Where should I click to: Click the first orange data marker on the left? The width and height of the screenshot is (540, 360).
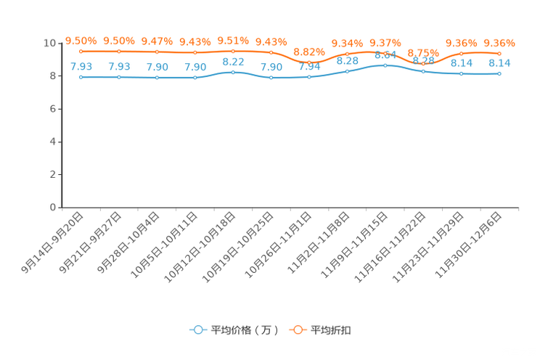click(81, 52)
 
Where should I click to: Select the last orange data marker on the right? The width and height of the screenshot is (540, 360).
click(499, 53)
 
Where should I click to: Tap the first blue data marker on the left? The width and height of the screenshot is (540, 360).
click(81, 76)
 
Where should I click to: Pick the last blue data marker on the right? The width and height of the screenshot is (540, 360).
click(499, 74)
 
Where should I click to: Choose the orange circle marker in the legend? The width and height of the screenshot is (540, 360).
click(298, 330)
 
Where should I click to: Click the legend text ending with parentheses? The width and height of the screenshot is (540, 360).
click(245, 330)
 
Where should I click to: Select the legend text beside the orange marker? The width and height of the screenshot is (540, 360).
click(332, 330)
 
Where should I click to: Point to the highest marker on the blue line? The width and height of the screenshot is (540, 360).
click(385, 65)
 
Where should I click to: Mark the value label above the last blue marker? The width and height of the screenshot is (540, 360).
click(499, 63)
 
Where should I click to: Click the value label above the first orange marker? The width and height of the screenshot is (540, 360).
click(81, 41)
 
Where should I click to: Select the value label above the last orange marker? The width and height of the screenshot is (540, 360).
click(499, 43)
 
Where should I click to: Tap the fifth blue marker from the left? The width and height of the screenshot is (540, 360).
click(233, 73)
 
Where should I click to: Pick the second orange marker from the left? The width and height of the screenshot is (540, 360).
click(119, 52)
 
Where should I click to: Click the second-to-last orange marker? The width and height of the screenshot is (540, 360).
click(462, 53)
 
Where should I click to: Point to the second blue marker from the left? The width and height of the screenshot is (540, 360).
click(119, 76)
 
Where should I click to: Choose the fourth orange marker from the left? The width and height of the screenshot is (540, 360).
click(195, 52)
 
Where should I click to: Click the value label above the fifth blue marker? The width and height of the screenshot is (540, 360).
click(233, 62)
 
